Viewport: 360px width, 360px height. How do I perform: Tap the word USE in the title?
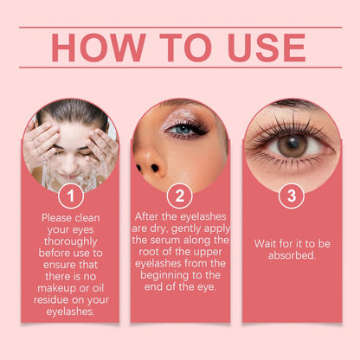pos(267,48)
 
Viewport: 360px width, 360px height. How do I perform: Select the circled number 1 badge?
pos(71,196)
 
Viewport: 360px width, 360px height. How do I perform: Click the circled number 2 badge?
pos(180,196)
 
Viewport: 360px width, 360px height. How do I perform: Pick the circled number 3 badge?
pos(292,196)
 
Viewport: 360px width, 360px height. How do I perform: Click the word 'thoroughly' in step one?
pos(71,241)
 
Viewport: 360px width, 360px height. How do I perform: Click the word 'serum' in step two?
pos(166,240)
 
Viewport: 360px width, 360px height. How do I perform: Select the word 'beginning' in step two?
pos(164,275)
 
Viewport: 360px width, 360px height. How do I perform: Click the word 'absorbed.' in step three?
pos(292,255)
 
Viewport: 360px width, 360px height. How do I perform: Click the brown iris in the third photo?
pos(292,145)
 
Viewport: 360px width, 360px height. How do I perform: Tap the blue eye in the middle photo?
pos(183,129)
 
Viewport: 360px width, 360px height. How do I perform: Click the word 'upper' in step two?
pos(208,253)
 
